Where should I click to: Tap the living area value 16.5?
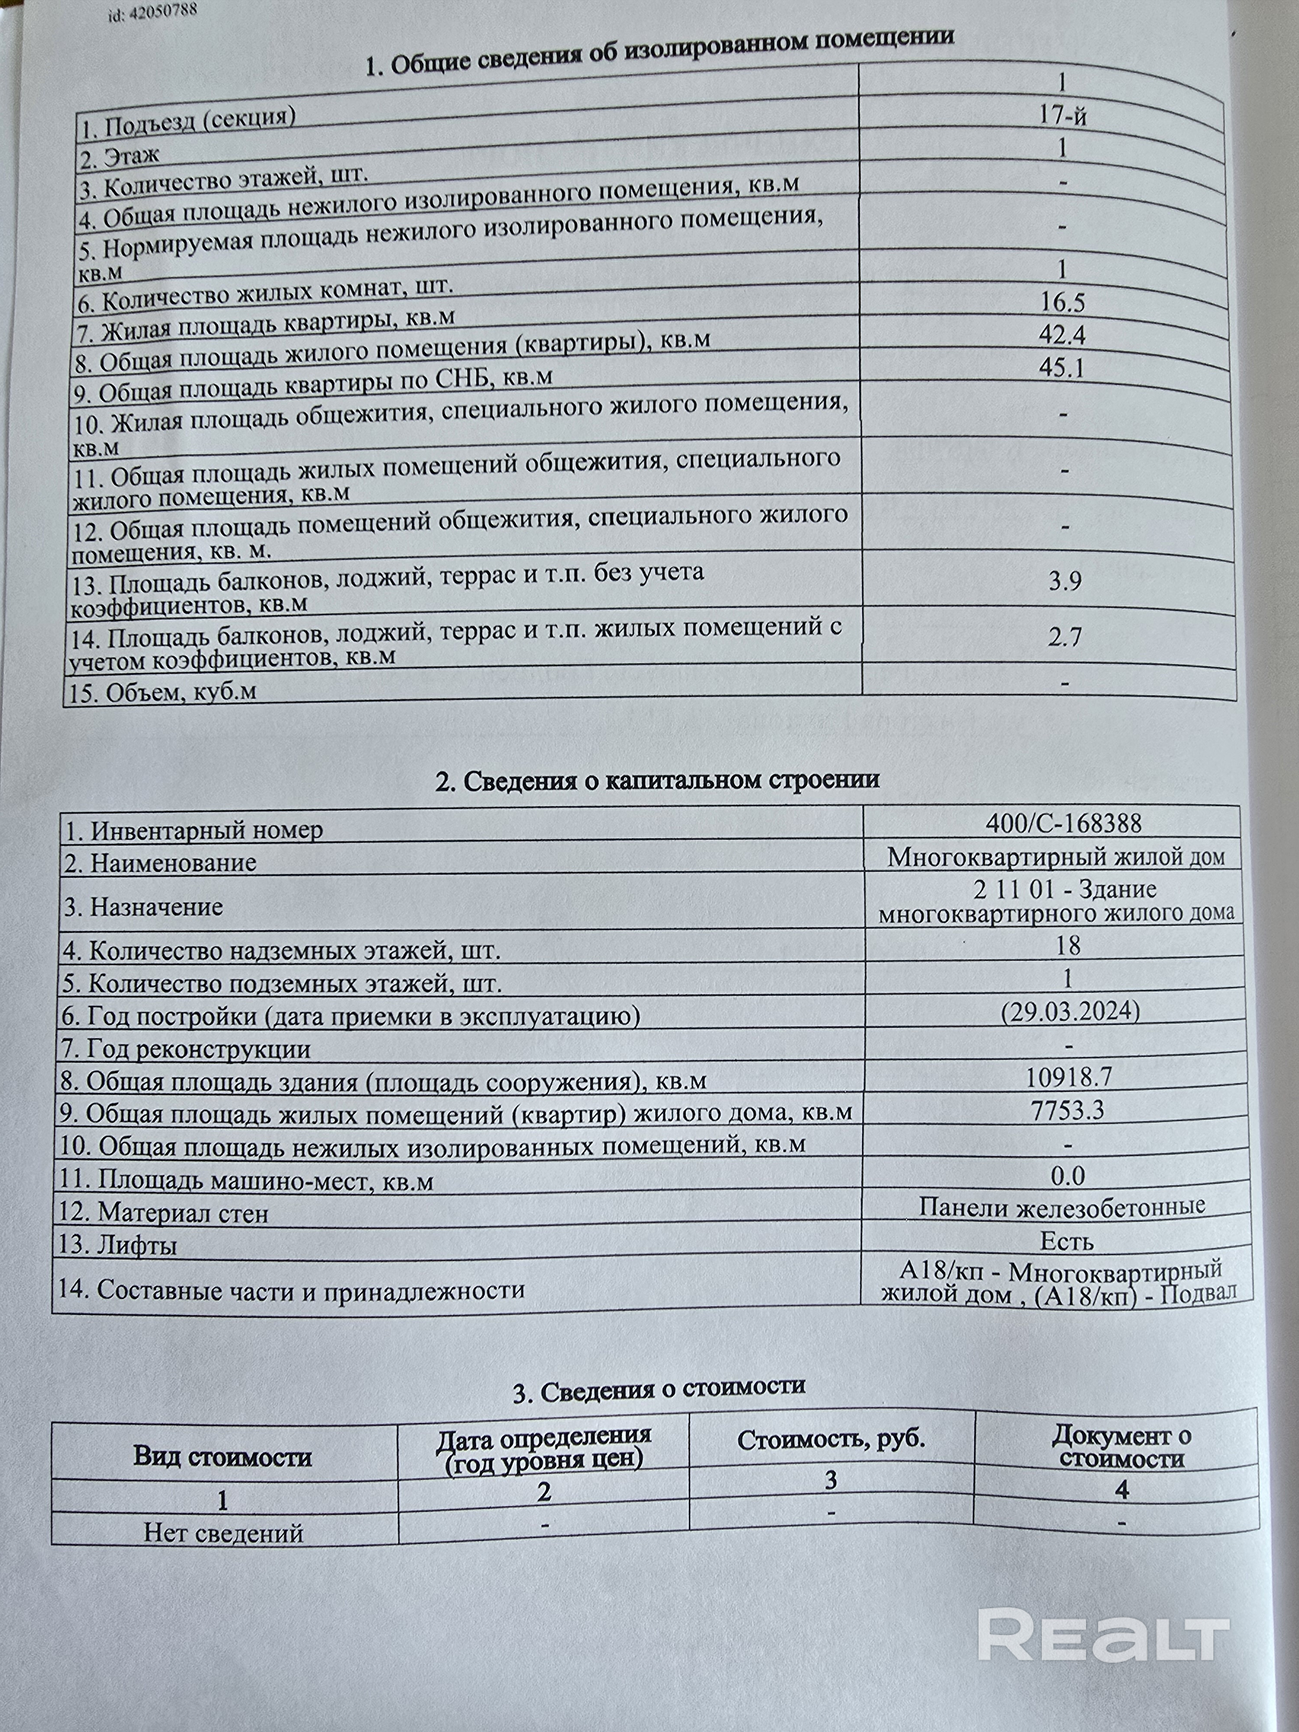[1063, 302]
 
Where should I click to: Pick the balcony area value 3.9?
[1064, 582]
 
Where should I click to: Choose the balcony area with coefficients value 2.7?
[1065, 637]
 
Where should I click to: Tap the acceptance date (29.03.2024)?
[1070, 1011]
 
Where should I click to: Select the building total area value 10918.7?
[1069, 1078]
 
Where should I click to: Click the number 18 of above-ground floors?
[1068, 946]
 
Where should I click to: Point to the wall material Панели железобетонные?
[1062, 1207]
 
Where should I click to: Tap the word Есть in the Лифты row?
[1066, 1241]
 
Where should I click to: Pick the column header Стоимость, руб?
[831, 1439]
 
